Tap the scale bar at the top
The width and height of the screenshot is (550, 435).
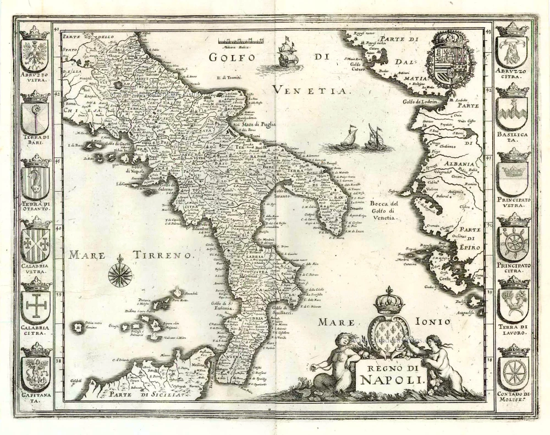(240, 40)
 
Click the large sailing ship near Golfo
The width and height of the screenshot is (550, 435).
(290, 53)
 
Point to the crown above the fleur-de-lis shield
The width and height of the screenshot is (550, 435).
(388, 301)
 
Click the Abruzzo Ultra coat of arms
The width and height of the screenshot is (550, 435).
(35, 52)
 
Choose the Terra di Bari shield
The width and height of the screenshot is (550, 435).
(35, 116)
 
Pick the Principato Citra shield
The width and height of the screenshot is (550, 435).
(513, 241)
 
